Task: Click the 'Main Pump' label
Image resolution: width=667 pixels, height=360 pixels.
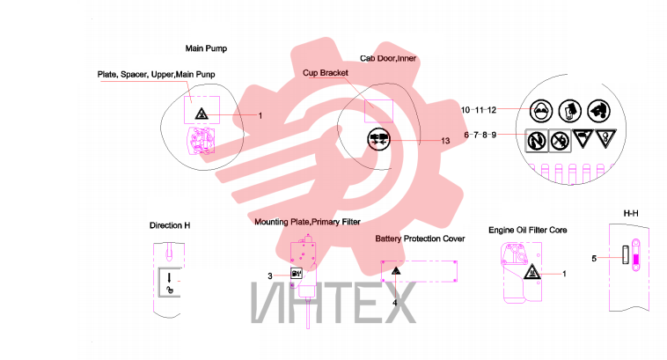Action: coord(206,48)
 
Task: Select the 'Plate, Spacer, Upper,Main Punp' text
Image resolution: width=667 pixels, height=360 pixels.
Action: coord(156,75)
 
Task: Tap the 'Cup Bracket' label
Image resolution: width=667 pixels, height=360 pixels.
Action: coord(326,73)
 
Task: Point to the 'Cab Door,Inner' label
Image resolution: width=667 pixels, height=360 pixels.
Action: coord(388,58)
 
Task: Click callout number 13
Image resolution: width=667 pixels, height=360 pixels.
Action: coord(445,141)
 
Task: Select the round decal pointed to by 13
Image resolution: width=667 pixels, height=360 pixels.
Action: coord(378,139)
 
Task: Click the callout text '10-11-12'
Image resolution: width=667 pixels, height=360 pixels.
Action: coord(479,110)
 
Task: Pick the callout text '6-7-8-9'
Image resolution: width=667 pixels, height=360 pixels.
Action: coord(480,135)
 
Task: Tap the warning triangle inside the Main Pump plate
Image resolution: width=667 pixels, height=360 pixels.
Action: coord(202,114)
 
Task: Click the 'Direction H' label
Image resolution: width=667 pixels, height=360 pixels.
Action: coord(170,225)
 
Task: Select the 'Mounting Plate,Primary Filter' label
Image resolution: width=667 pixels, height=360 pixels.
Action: coord(307,222)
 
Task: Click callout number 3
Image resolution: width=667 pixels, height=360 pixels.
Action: coord(270,276)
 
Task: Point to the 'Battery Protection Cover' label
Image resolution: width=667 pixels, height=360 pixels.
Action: coord(420,239)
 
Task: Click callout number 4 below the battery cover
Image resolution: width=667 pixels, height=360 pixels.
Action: coord(395,303)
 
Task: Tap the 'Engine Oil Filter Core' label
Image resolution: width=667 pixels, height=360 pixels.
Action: coord(527,231)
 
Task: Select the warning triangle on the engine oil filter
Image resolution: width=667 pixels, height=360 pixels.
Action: coord(531,271)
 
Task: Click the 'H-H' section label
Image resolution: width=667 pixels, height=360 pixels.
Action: coord(631,213)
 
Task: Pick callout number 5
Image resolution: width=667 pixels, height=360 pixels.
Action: coord(594,258)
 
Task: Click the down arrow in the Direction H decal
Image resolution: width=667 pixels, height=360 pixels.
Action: coord(169,278)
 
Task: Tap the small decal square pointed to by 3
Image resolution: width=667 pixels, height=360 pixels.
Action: coord(296,273)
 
